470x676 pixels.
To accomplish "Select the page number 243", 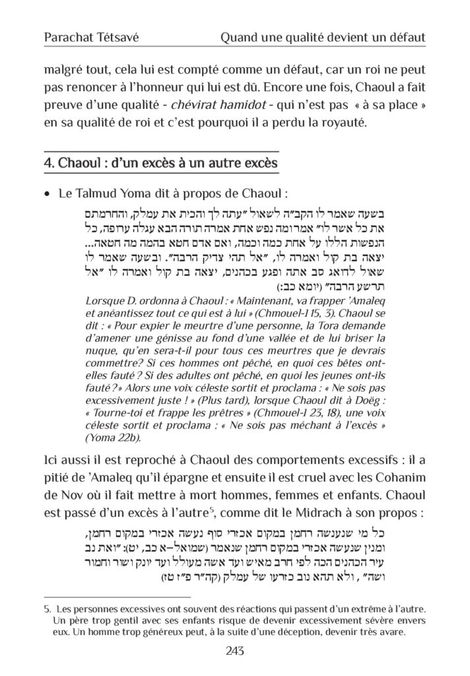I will [x=235, y=651].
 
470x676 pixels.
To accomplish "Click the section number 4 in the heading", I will [x=48, y=162].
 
